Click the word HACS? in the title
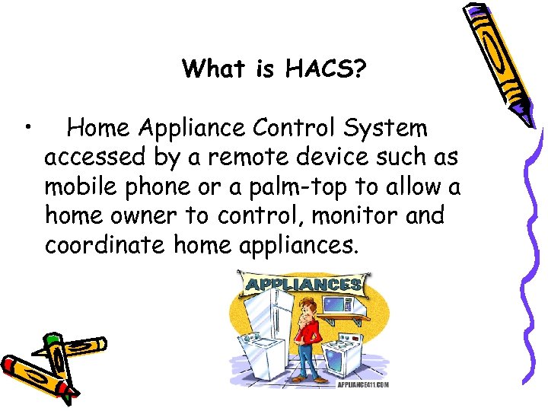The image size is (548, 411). [x=326, y=70]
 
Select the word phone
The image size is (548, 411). [x=150, y=187]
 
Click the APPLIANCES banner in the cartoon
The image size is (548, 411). [x=303, y=285]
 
